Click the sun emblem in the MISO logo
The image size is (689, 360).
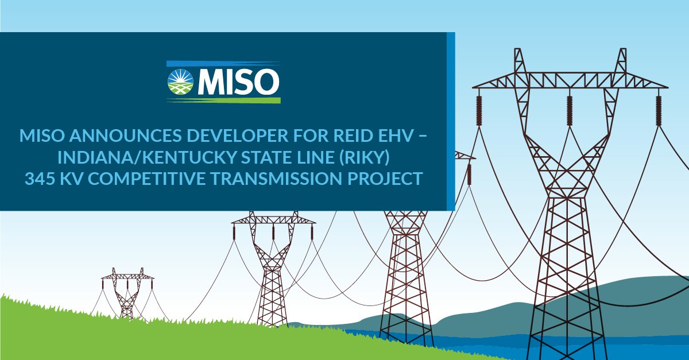[x=182, y=82]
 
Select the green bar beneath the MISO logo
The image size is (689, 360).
[x=223, y=100]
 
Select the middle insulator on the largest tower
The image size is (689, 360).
[x=570, y=109]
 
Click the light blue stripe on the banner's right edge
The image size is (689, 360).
[x=451, y=121]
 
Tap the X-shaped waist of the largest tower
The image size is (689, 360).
[x=568, y=172]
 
